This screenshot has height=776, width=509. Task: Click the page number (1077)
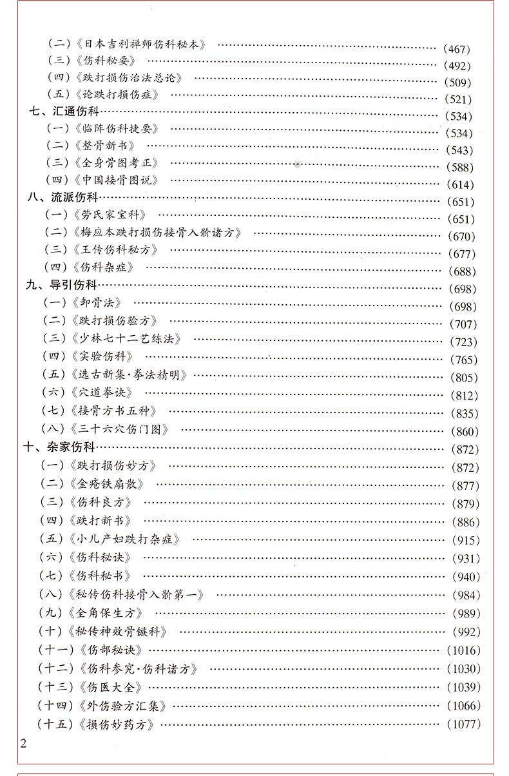tap(463, 723)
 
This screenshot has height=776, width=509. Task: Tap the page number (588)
tap(459, 168)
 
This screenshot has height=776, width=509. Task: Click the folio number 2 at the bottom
tap(24, 744)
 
